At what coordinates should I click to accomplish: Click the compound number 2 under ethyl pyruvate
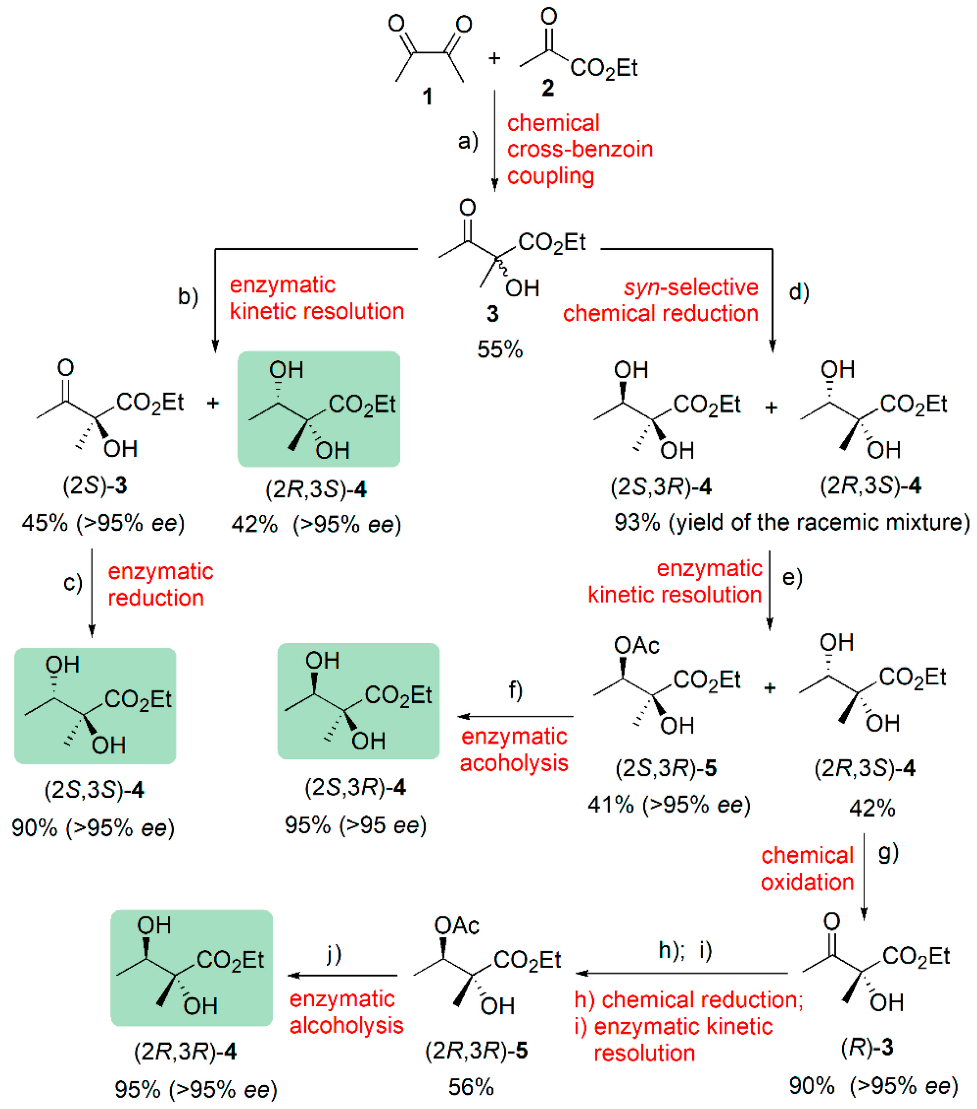pyautogui.click(x=548, y=88)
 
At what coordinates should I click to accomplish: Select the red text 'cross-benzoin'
pyautogui.click(x=580, y=149)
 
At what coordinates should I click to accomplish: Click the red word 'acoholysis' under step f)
pyautogui.click(x=514, y=763)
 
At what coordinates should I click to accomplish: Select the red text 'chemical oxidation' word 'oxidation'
pyautogui.click(x=807, y=882)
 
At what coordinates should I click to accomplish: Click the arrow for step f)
pyautogui.click(x=516, y=716)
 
